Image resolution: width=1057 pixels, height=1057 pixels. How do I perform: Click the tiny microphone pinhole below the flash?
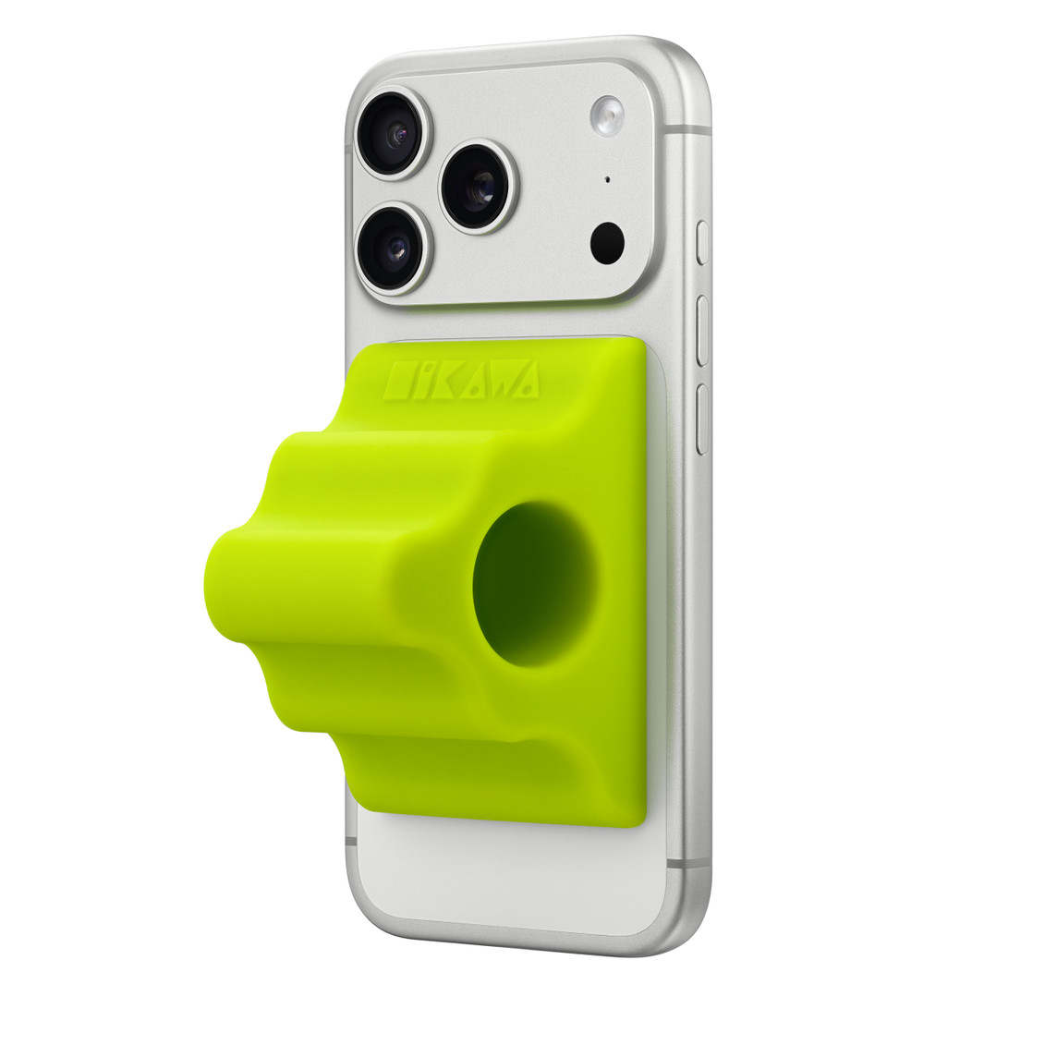(x=607, y=178)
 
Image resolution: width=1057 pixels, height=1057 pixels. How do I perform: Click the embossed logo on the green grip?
(x=463, y=381)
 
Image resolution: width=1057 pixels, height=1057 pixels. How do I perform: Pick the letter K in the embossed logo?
(x=443, y=382)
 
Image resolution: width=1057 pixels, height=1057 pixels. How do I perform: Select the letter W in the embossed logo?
(x=499, y=382)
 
